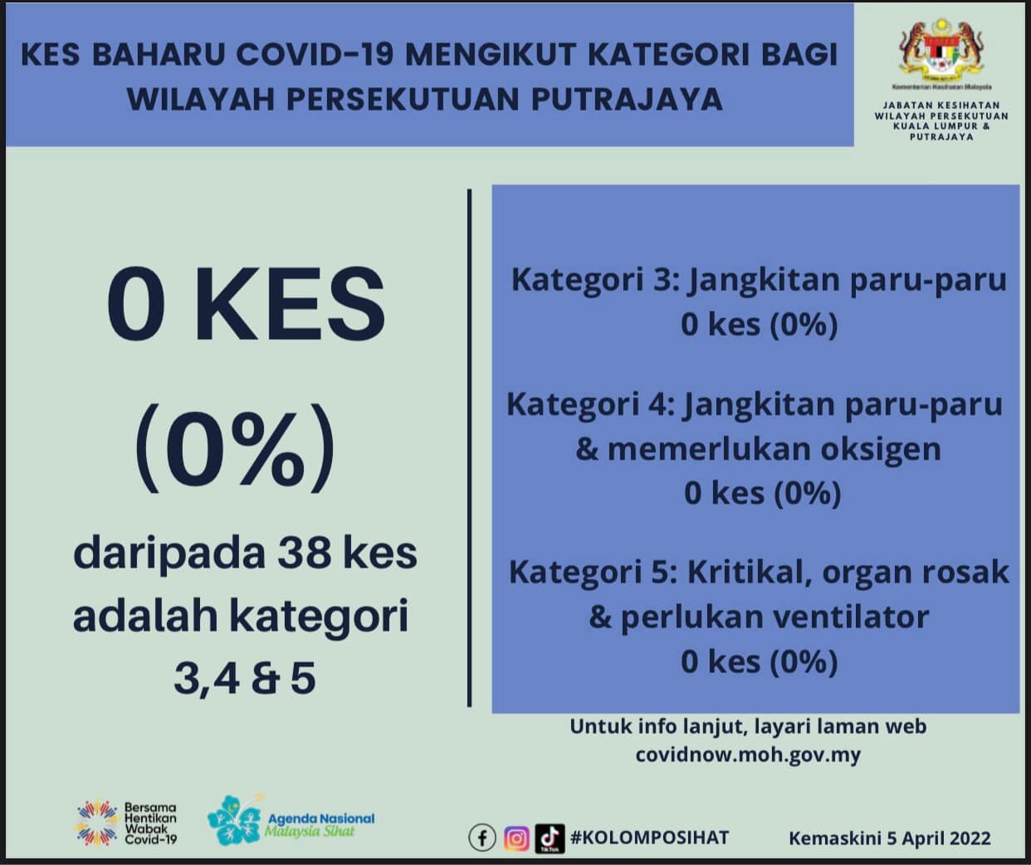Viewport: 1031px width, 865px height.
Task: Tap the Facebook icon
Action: [482, 838]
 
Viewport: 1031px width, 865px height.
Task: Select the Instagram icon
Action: [516, 838]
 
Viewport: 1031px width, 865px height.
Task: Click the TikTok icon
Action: [550, 838]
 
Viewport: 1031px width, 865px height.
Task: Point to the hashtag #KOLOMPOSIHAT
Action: [649, 838]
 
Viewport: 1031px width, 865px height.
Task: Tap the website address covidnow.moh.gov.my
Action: [748, 755]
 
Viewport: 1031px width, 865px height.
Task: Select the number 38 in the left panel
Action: [304, 553]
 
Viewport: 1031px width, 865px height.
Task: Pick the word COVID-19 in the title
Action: [315, 54]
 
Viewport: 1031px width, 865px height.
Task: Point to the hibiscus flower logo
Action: [235, 820]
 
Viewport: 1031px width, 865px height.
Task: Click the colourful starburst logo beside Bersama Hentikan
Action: [97, 823]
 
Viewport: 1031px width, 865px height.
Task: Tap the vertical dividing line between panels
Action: [469, 449]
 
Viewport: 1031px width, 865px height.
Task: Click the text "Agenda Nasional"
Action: [321, 819]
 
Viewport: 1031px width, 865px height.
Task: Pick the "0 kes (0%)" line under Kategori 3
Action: [760, 325]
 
